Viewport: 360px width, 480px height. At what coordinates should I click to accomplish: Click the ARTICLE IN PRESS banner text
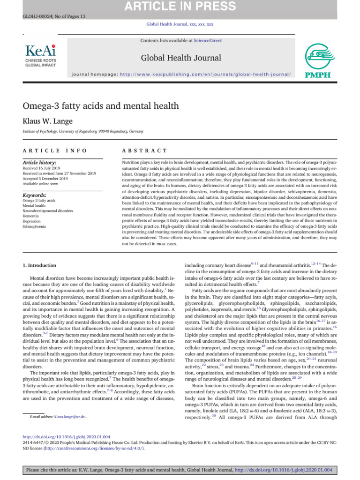pos(180,7)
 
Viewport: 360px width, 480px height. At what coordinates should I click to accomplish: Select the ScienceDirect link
pos(208,41)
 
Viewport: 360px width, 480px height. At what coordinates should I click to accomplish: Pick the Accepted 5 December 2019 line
pos(45,179)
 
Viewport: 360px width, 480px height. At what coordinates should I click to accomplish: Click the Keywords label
pos(35,195)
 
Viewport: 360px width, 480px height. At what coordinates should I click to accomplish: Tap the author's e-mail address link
pos(70,416)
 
